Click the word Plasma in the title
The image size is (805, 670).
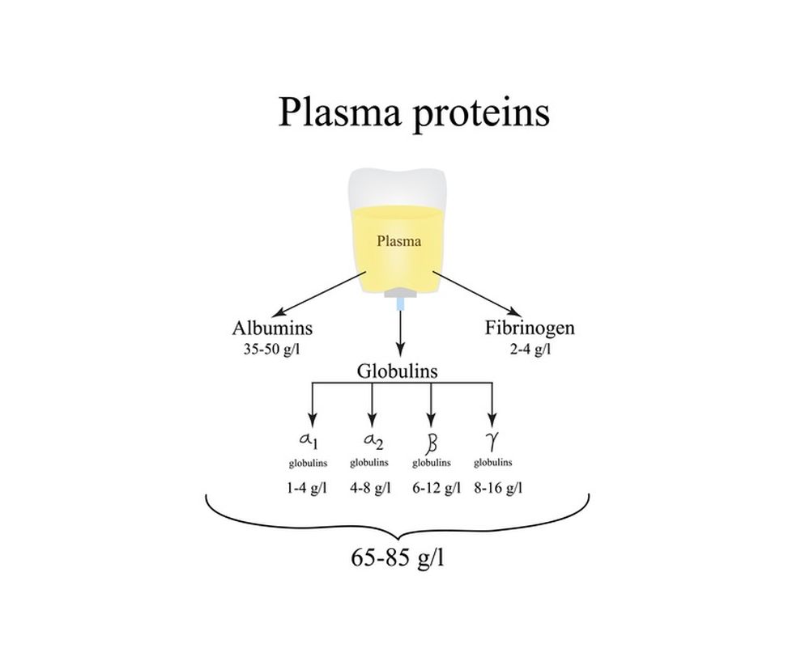tap(339, 112)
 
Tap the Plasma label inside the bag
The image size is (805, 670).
tap(398, 240)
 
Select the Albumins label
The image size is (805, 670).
tap(272, 329)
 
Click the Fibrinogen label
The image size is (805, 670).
tap(530, 329)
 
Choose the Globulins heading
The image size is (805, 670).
tap(397, 371)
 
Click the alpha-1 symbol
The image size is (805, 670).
tap(309, 441)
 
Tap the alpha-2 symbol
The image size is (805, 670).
tap(371, 441)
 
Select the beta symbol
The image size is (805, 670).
tap(431, 443)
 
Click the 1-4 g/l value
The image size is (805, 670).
tap(308, 488)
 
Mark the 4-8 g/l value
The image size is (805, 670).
tap(370, 488)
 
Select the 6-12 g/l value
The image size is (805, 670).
tap(432, 488)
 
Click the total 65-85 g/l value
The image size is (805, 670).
tap(397, 558)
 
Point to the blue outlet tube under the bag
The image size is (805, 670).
tap(400, 304)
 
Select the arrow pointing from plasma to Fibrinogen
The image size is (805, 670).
tap(478, 294)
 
